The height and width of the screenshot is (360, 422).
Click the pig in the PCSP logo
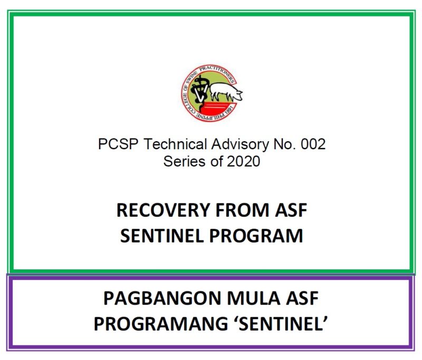(226, 91)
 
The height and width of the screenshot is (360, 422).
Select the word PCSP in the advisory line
(118, 144)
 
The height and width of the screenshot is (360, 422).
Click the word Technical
(175, 144)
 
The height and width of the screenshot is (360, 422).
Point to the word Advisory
(240, 144)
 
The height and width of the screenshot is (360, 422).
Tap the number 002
(313, 144)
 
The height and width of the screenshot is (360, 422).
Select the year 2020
(244, 161)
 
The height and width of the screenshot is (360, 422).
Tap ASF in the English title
(291, 210)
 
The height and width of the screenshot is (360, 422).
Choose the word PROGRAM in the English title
(256, 236)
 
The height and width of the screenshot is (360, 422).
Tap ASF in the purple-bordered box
(302, 298)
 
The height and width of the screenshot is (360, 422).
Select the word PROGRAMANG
(161, 324)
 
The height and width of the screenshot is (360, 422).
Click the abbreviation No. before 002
(284, 144)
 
